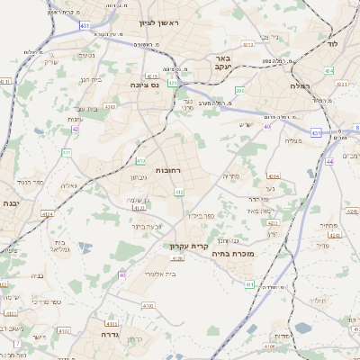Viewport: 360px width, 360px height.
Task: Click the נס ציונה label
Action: pyautogui.click(x=144, y=85)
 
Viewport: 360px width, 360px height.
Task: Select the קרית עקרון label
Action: pyautogui.click(x=189, y=245)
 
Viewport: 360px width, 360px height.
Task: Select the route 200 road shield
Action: pyautogui.click(x=239, y=90)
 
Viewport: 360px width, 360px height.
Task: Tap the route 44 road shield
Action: pyautogui.click(x=330, y=161)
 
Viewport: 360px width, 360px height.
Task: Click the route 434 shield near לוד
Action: pyautogui.click(x=329, y=70)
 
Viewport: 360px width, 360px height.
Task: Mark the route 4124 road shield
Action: pyautogui.click(x=139, y=207)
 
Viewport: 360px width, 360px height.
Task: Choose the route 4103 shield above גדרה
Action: pyautogui.click(x=112, y=322)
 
